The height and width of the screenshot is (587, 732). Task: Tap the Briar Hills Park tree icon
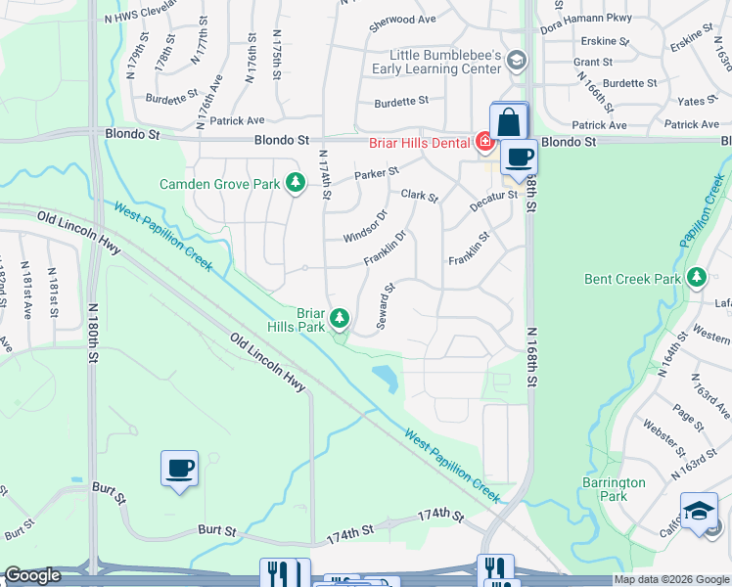pyautogui.click(x=340, y=317)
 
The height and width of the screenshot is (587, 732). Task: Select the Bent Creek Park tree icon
pyautogui.click(x=697, y=278)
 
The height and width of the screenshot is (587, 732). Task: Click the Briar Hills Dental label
pyautogui.click(x=421, y=143)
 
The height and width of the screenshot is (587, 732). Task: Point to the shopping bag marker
pyautogui.click(x=509, y=123)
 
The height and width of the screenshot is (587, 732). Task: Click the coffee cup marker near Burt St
pyautogui.click(x=179, y=470)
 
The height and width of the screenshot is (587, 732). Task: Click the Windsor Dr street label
pyautogui.click(x=366, y=225)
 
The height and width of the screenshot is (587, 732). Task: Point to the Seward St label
pyautogui.click(x=388, y=306)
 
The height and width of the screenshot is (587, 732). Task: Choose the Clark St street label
pyautogui.click(x=419, y=197)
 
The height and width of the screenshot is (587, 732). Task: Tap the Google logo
pyautogui.click(x=32, y=575)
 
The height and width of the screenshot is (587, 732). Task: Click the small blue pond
pyautogui.click(x=387, y=377)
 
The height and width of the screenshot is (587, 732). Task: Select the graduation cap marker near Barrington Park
pyautogui.click(x=699, y=511)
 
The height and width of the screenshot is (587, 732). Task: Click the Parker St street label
pyautogui.click(x=377, y=173)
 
